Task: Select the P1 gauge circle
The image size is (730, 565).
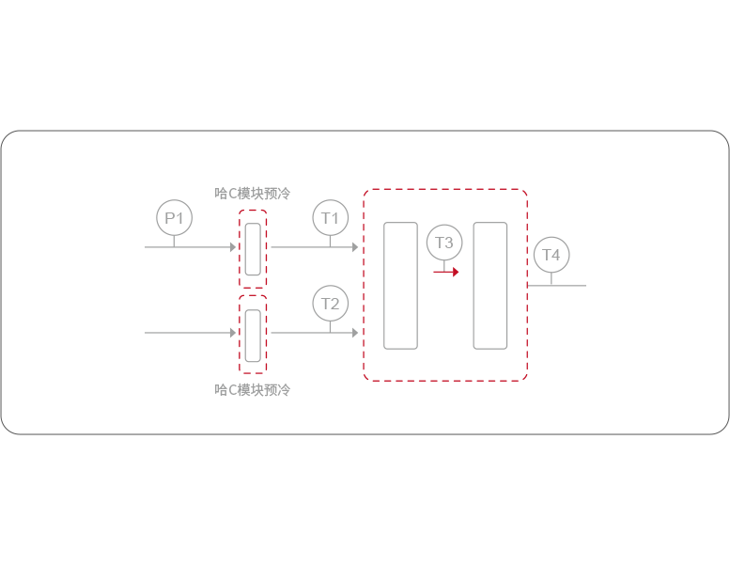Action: pos(174,217)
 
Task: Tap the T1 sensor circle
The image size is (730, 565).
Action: pos(330,217)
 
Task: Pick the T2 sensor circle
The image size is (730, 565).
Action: pos(330,304)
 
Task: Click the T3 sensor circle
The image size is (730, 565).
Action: pos(444,243)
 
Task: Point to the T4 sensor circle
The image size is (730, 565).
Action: pos(551,255)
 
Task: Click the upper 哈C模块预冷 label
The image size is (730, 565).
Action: pos(253,194)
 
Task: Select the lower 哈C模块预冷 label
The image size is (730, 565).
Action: pos(253,389)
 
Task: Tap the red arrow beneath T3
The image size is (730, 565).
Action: pos(446,272)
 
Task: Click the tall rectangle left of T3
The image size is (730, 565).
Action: pos(401,286)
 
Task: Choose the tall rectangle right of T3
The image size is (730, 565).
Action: pos(490,286)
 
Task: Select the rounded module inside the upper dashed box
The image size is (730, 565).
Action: pos(253,249)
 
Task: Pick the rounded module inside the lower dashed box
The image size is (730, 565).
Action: pos(253,335)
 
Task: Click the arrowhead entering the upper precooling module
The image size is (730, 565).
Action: pos(232,247)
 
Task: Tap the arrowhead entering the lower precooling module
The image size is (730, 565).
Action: pos(232,333)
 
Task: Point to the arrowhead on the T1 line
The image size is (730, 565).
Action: pos(355,247)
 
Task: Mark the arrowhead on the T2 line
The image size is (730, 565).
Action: pos(355,333)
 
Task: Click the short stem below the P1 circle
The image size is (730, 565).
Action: pos(174,241)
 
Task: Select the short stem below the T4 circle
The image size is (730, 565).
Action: pos(551,278)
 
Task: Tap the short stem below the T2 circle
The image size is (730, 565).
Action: pos(330,327)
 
